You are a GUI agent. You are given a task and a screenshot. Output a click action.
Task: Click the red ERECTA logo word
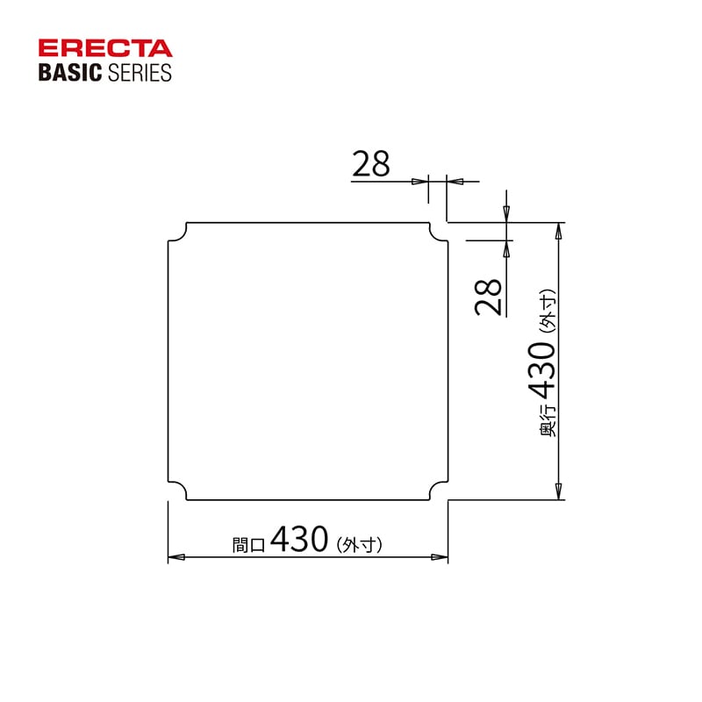(x=105, y=48)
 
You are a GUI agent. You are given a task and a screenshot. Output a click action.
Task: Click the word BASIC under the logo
(x=70, y=72)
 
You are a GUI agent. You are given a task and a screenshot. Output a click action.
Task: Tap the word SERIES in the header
(x=139, y=72)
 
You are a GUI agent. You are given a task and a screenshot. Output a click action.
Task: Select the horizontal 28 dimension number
(x=370, y=164)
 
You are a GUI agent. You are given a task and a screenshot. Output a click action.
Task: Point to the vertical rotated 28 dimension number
(x=489, y=297)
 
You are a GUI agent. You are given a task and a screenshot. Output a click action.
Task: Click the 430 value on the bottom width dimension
(x=299, y=539)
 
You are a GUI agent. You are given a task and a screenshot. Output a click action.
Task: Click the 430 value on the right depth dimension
(x=541, y=369)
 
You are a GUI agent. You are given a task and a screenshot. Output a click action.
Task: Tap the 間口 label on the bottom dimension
(x=248, y=544)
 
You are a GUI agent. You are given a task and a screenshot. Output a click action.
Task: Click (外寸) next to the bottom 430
(x=359, y=544)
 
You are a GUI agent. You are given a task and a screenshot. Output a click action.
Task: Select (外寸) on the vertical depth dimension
(x=547, y=313)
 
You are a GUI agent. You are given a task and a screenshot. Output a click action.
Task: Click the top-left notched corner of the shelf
(x=177, y=233)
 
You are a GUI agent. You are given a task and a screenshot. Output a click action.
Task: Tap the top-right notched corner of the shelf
(x=438, y=233)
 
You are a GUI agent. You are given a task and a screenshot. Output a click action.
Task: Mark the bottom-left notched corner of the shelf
(x=177, y=491)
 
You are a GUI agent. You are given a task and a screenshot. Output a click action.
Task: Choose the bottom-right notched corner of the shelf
(x=438, y=491)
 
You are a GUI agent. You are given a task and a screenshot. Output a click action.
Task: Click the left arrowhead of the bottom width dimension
(x=175, y=557)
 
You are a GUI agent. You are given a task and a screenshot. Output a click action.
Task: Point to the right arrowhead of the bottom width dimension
(x=441, y=557)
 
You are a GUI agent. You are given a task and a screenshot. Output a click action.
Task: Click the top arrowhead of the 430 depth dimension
(x=558, y=230)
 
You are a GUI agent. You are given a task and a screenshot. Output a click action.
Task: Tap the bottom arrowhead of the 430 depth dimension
(x=558, y=492)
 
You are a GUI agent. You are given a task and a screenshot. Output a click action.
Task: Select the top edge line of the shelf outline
(x=307, y=223)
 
